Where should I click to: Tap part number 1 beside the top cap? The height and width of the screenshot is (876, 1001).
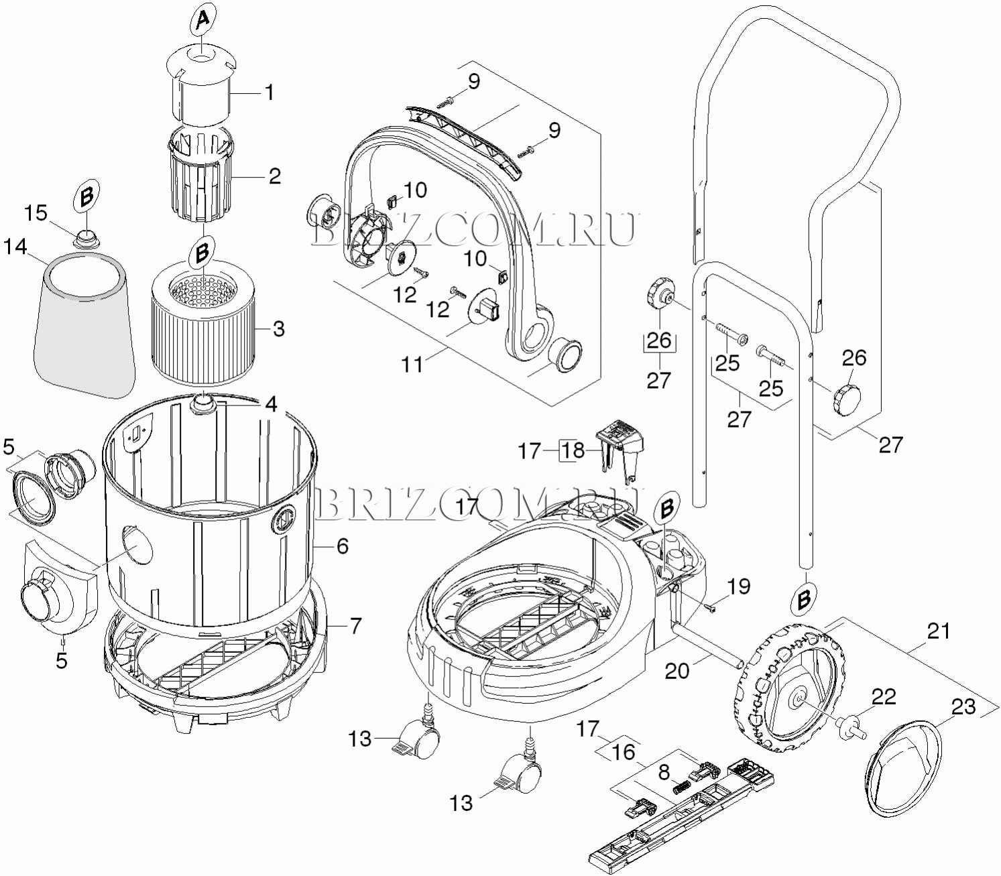(269, 92)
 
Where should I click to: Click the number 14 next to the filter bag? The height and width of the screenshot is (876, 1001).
(15, 247)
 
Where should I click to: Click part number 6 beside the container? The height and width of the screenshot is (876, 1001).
(343, 546)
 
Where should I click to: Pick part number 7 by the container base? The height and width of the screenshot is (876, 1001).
(355, 625)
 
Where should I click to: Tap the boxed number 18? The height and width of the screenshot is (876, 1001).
(573, 450)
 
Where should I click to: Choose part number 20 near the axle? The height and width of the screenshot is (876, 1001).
(677, 672)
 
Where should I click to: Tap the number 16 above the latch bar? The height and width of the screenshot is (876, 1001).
(624, 752)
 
